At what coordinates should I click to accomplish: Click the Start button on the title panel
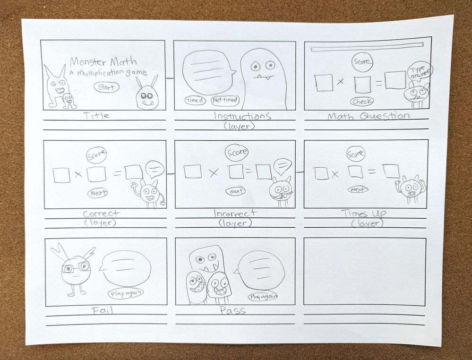pos(107,87)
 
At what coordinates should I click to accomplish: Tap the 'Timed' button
pos(195,101)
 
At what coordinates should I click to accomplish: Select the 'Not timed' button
pos(225,100)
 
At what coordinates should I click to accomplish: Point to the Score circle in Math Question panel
pos(362,62)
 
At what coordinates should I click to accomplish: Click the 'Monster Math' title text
pos(103,62)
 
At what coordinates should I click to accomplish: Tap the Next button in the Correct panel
pos(98,193)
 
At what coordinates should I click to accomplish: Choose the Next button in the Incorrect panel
pos(236,191)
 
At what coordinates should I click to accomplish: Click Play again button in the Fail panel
pos(126,293)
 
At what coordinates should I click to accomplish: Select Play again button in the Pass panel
pos(263,297)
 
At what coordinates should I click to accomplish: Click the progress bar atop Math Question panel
pos(367,47)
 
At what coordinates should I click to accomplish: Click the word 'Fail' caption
pos(103,310)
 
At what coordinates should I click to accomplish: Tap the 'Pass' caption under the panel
pos(232,310)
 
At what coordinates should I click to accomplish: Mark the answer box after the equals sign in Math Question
pos(395,80)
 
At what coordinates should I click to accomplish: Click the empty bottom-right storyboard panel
pos(365,271)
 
